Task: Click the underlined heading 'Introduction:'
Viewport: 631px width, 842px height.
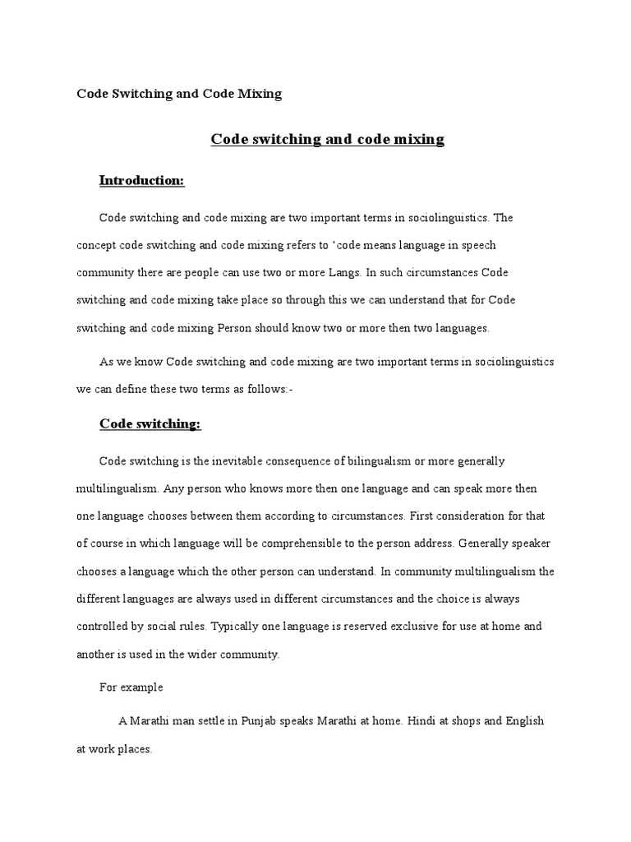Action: coord(141,180)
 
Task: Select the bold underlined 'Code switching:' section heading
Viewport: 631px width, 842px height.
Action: coord(150,423)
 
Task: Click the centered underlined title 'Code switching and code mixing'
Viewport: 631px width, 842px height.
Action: coord(328,139)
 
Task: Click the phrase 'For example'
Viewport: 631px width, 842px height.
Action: coord(131,687)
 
